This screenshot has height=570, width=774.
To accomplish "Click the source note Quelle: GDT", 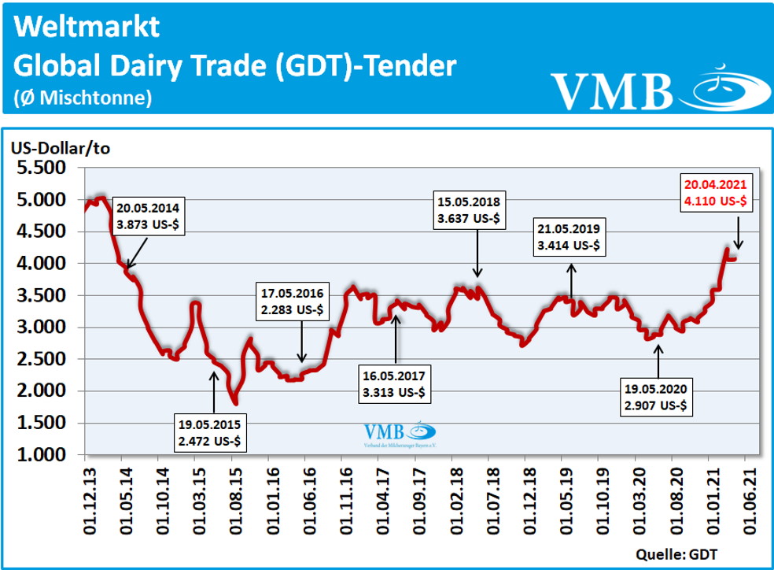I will point(684,551).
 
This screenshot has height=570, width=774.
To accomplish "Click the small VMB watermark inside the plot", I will point(399,435).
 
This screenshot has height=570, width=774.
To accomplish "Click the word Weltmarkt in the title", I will point(87,27).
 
